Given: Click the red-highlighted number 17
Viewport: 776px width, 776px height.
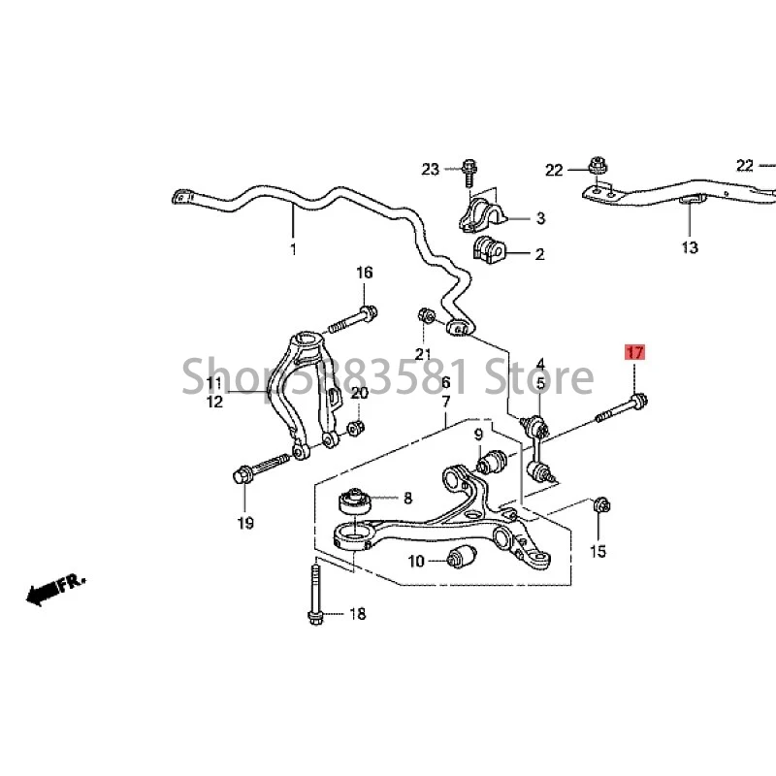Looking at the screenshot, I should click(633, 353).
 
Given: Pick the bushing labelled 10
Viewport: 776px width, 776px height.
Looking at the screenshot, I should click(463, 558).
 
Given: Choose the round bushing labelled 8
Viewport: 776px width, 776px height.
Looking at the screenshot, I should click(354, 503).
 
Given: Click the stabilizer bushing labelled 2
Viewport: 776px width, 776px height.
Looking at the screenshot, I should click(490, 252).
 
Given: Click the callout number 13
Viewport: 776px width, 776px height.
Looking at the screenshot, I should click(689, 248).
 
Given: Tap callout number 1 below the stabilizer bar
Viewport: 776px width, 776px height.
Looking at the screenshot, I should click(293, 249).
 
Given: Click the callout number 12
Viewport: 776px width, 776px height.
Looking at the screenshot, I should click(214, 401).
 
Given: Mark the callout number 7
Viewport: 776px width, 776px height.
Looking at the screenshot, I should click(445, 402).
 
